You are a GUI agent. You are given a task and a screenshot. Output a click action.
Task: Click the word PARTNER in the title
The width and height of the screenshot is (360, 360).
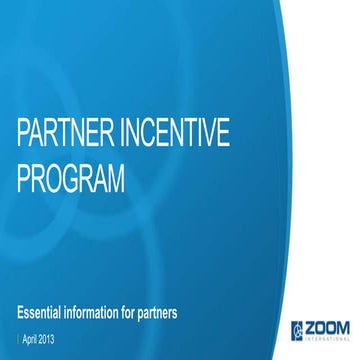[61, 136]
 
